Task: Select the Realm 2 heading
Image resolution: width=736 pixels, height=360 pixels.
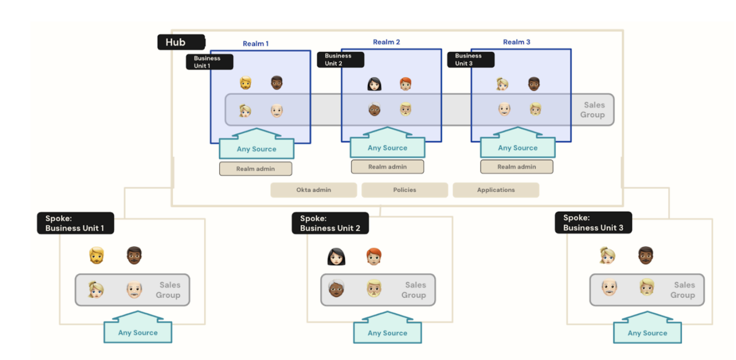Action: tap(386, 42)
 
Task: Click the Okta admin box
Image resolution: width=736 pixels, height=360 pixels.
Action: tap(313, 190)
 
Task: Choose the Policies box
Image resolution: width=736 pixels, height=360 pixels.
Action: tap(404, 190)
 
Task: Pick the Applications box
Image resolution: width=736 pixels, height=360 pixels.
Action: tap(496, 190)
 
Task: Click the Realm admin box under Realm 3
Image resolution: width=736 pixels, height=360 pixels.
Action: tap(516, 167)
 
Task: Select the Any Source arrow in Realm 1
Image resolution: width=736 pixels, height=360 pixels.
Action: tap(256, 147)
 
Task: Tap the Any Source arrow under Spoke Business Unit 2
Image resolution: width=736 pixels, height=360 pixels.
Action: tap(387, 330)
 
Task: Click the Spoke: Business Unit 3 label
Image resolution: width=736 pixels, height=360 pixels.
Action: tap(593, 223)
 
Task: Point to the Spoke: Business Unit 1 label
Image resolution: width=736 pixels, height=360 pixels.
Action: tap(75, 223)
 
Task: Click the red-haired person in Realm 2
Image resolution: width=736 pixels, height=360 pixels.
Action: tap(406, 85)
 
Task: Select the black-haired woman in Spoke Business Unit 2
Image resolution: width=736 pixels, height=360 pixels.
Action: tap(336, 256)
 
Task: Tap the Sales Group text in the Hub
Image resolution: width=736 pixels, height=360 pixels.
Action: tap(593, 110)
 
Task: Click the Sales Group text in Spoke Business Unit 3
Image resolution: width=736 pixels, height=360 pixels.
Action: tap(683, 290)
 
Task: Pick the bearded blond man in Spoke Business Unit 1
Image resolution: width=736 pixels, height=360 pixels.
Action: tap(97, 255)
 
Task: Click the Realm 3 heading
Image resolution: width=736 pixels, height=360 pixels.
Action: tap(516, 42)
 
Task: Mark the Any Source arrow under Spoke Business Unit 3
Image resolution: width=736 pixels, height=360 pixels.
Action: tap(647, 330)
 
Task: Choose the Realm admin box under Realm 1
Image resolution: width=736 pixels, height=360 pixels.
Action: tap(255, 169)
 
